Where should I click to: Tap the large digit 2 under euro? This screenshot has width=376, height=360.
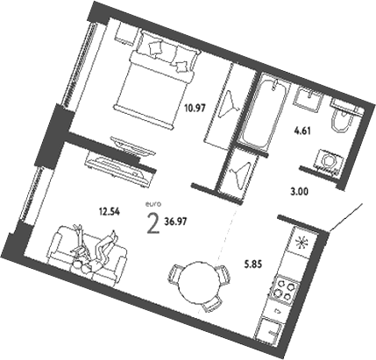point(154,224)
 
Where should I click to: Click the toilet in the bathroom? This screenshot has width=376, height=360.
point(344,119)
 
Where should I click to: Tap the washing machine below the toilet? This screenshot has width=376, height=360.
point(330,162)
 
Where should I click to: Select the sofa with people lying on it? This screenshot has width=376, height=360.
point(86,252)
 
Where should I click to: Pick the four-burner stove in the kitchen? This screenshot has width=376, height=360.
point(286,289)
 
